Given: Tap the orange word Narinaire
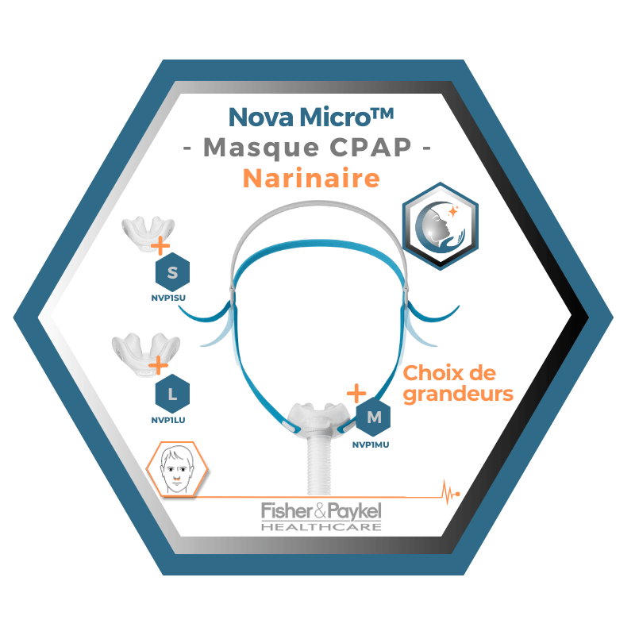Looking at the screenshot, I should (x=310, y=179).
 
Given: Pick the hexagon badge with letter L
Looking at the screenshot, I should (x=172, y=392).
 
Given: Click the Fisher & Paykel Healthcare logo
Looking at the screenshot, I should (x=321, y=515).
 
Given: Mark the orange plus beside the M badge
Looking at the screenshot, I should (x=356, y=393).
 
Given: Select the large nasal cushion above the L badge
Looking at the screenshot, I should (x=148, y=350).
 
